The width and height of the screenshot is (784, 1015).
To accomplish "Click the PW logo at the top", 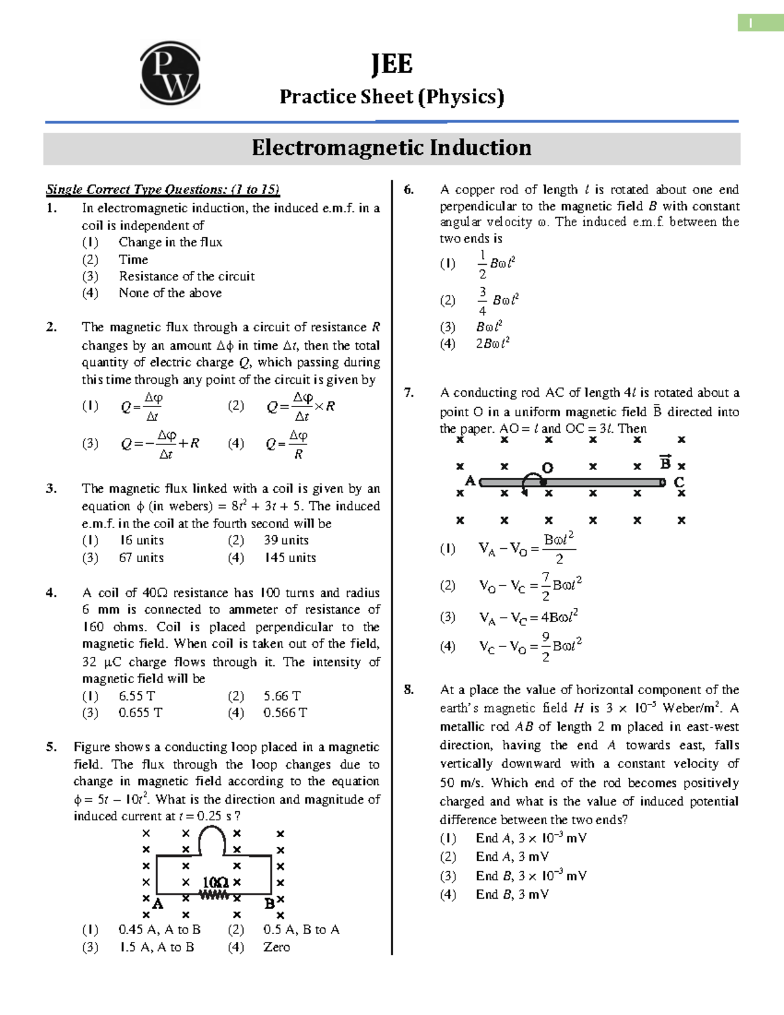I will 170,73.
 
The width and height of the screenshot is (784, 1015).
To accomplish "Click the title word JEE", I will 391,64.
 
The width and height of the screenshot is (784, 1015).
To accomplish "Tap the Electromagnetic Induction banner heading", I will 391,148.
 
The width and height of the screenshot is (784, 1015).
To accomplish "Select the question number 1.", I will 52,208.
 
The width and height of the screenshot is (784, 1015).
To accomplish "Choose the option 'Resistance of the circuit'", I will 186,276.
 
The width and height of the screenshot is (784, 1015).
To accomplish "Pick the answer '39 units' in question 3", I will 286,541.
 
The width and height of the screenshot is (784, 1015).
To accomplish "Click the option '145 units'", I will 289,558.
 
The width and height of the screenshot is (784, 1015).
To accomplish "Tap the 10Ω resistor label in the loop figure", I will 215,882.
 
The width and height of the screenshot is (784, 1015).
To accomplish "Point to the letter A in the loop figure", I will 157,904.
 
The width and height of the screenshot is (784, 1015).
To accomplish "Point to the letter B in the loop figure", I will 269,904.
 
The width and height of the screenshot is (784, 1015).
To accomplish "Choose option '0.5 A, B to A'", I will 301,930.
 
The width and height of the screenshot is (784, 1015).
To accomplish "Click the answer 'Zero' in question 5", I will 276,948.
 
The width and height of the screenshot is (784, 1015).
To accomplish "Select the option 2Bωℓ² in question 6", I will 493,344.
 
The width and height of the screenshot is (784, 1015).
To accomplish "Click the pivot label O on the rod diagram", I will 547,468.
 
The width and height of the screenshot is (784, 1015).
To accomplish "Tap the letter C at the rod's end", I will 679,482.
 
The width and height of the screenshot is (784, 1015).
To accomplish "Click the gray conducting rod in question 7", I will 588,483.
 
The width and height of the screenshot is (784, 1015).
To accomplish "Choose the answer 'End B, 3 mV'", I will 512,895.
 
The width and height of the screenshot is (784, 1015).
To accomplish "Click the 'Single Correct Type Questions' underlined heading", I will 163,190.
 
